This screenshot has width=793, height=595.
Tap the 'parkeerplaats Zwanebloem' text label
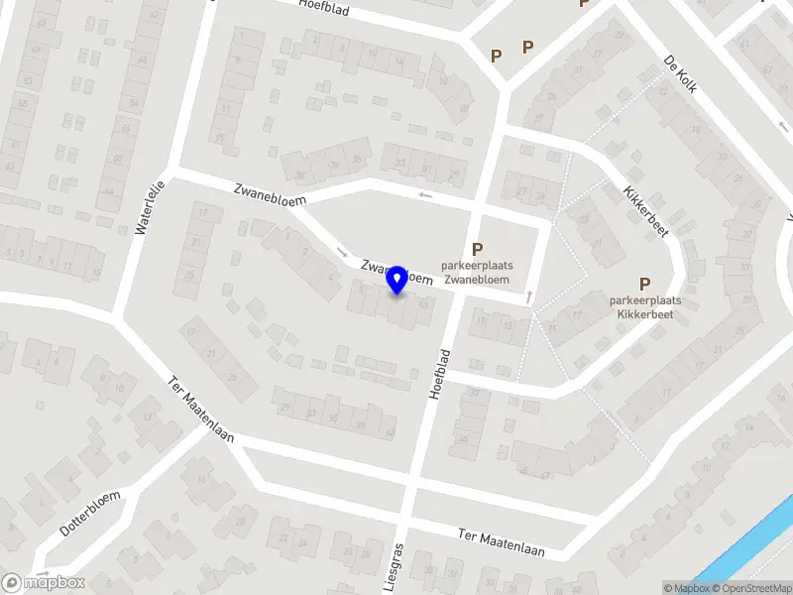pyautogui.click(x=477, y=273)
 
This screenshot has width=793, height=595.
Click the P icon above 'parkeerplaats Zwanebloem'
pyautogui.click(x=477, y=250)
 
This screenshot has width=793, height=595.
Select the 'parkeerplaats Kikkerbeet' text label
pyautogui.click(x=645, y=306)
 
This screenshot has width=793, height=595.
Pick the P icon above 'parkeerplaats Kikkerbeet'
pyautogui.click(x=645, y=284)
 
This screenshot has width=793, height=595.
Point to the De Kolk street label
pyautogui.click(x=681, y=74)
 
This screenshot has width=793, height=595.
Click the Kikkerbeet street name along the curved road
pyautogui.click(x=645, y=211)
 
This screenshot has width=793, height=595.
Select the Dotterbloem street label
pyautogui.click(x=90, y=514)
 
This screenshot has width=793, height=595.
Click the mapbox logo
pyautogui.click(x=45, y=583)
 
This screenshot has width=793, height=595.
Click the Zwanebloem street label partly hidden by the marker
pyautogui.click(x=396, y=273)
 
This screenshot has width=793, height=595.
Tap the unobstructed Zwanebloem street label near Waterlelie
pyautogui.click(x=271, y=193)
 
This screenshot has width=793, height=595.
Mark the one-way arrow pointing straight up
pyautogui.click(x=529, y=296)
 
